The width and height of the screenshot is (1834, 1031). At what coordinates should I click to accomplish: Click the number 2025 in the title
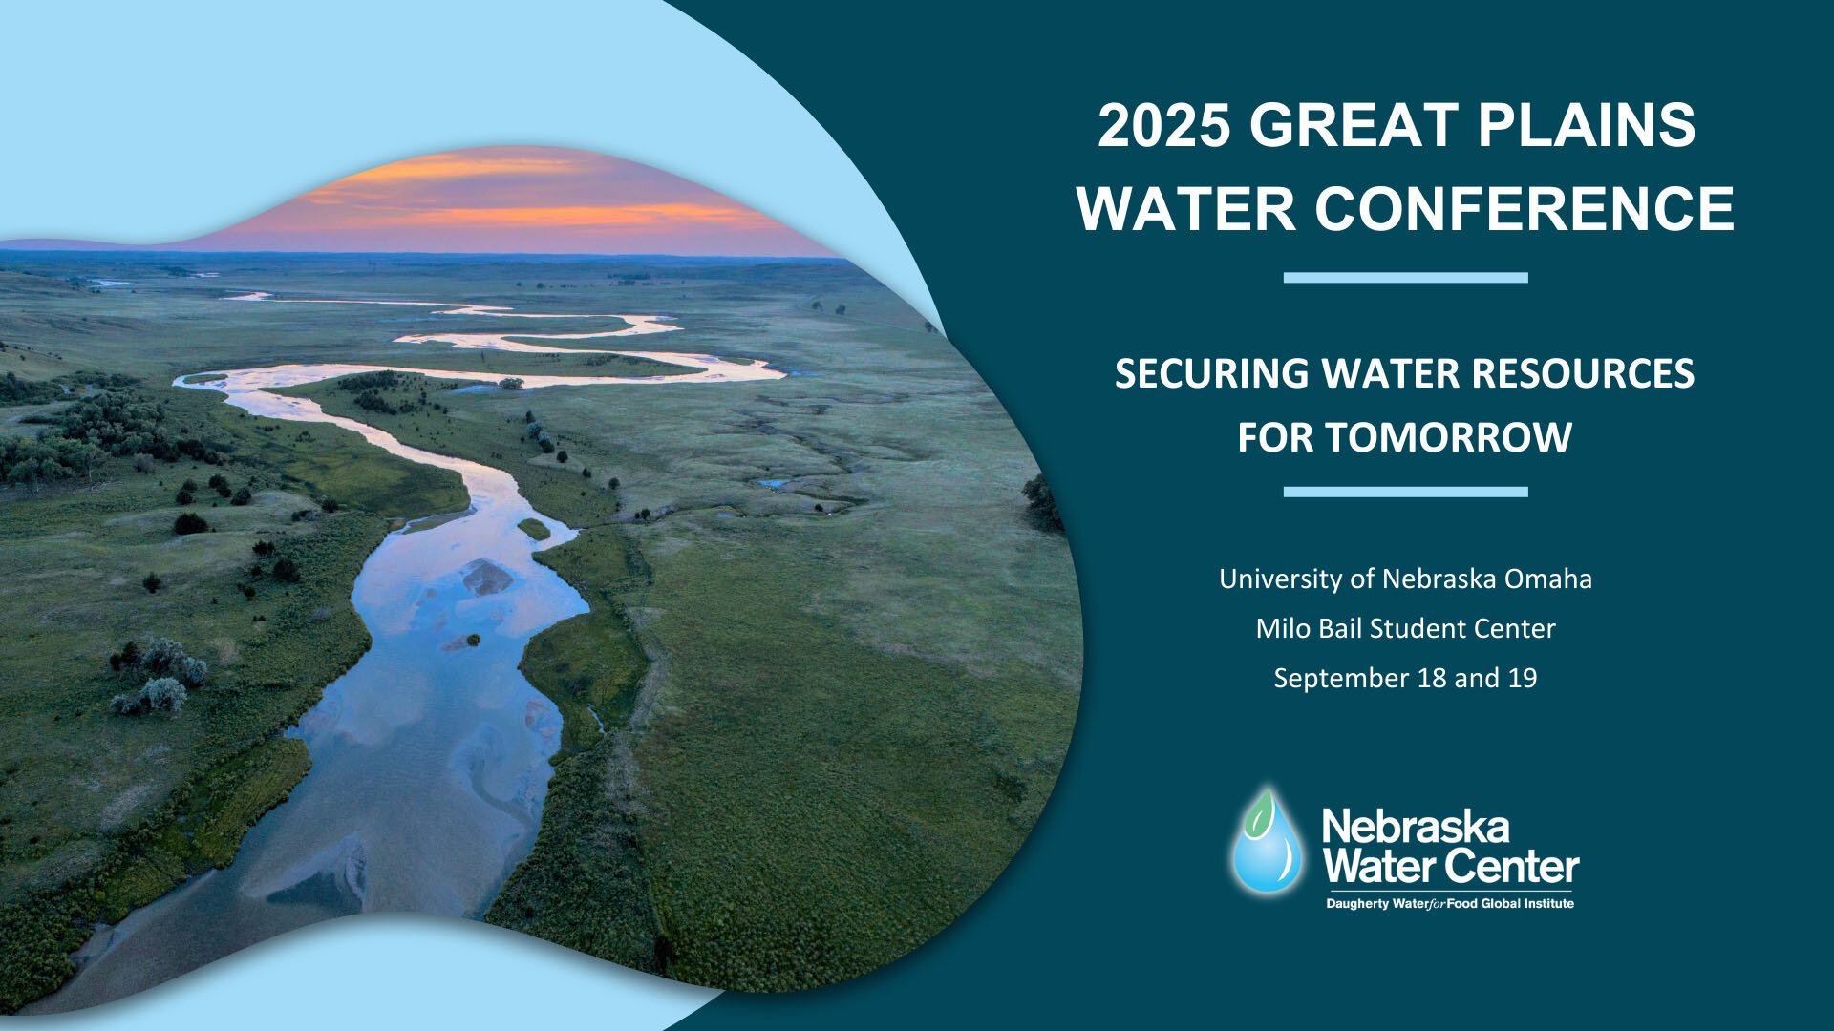click(x=1163, y=125)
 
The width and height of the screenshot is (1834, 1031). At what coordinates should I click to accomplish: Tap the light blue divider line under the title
click(x=1405, y=278)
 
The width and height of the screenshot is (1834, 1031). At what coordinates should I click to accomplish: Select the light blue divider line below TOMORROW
click(x=1405, y=492)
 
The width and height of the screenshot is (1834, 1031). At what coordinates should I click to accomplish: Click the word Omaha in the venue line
click(x=1548, y=579)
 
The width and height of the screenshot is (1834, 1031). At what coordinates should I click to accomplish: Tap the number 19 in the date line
click(x=1523, y=678)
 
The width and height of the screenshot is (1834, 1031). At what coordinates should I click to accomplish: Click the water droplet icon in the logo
click(x=1267, y=850)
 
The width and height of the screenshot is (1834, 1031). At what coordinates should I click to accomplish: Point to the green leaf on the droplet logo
click(x=1263, y=811)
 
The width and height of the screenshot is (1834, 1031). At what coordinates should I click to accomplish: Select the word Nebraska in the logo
click(x=1415, y=827)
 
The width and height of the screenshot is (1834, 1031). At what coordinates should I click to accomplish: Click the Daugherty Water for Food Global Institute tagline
click(x=1449, y=903)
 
